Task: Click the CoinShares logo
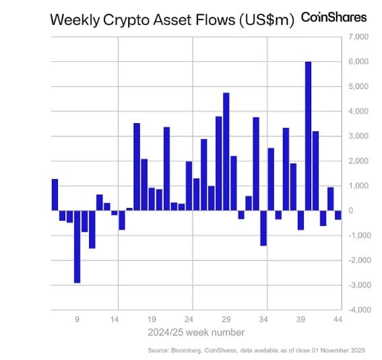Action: [333, 17]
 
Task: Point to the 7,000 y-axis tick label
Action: [357, 36]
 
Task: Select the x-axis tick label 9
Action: [77, 320]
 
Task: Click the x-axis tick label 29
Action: [226, 320]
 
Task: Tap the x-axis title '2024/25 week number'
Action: [197, 332]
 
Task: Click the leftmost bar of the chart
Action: [55, 194]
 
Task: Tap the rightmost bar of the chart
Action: [338, 215]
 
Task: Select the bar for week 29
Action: [226, 151]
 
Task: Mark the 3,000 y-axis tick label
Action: [357, 136]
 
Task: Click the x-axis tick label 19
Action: [152, 320]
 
